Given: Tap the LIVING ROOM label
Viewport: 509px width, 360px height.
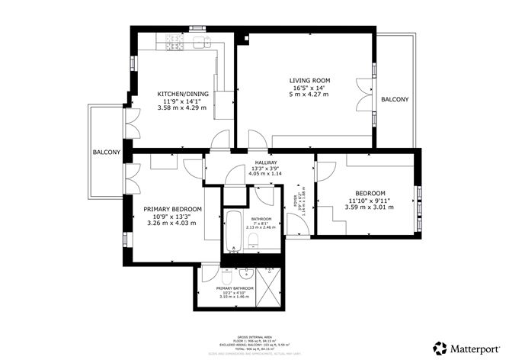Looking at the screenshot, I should coord(309,80).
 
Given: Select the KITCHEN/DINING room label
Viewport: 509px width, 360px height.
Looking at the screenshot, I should coord(176,95).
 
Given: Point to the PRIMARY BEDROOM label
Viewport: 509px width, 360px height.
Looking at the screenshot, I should coord(172,209).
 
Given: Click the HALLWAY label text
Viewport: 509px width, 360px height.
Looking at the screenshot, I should coord(266,164).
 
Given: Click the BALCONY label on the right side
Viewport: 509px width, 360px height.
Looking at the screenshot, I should coord(395,100).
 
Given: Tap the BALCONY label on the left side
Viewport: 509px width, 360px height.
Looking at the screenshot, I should coord(107,153).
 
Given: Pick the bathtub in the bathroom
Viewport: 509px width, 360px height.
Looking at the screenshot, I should coord(232,230).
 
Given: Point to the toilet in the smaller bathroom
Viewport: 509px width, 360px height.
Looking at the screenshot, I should coord(254,242).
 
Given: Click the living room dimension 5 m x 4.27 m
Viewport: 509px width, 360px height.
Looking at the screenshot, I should coord(309,95).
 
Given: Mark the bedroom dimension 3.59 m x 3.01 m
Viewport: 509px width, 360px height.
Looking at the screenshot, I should coord(370,207).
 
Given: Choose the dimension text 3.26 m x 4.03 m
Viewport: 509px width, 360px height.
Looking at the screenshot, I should coord(172,223).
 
